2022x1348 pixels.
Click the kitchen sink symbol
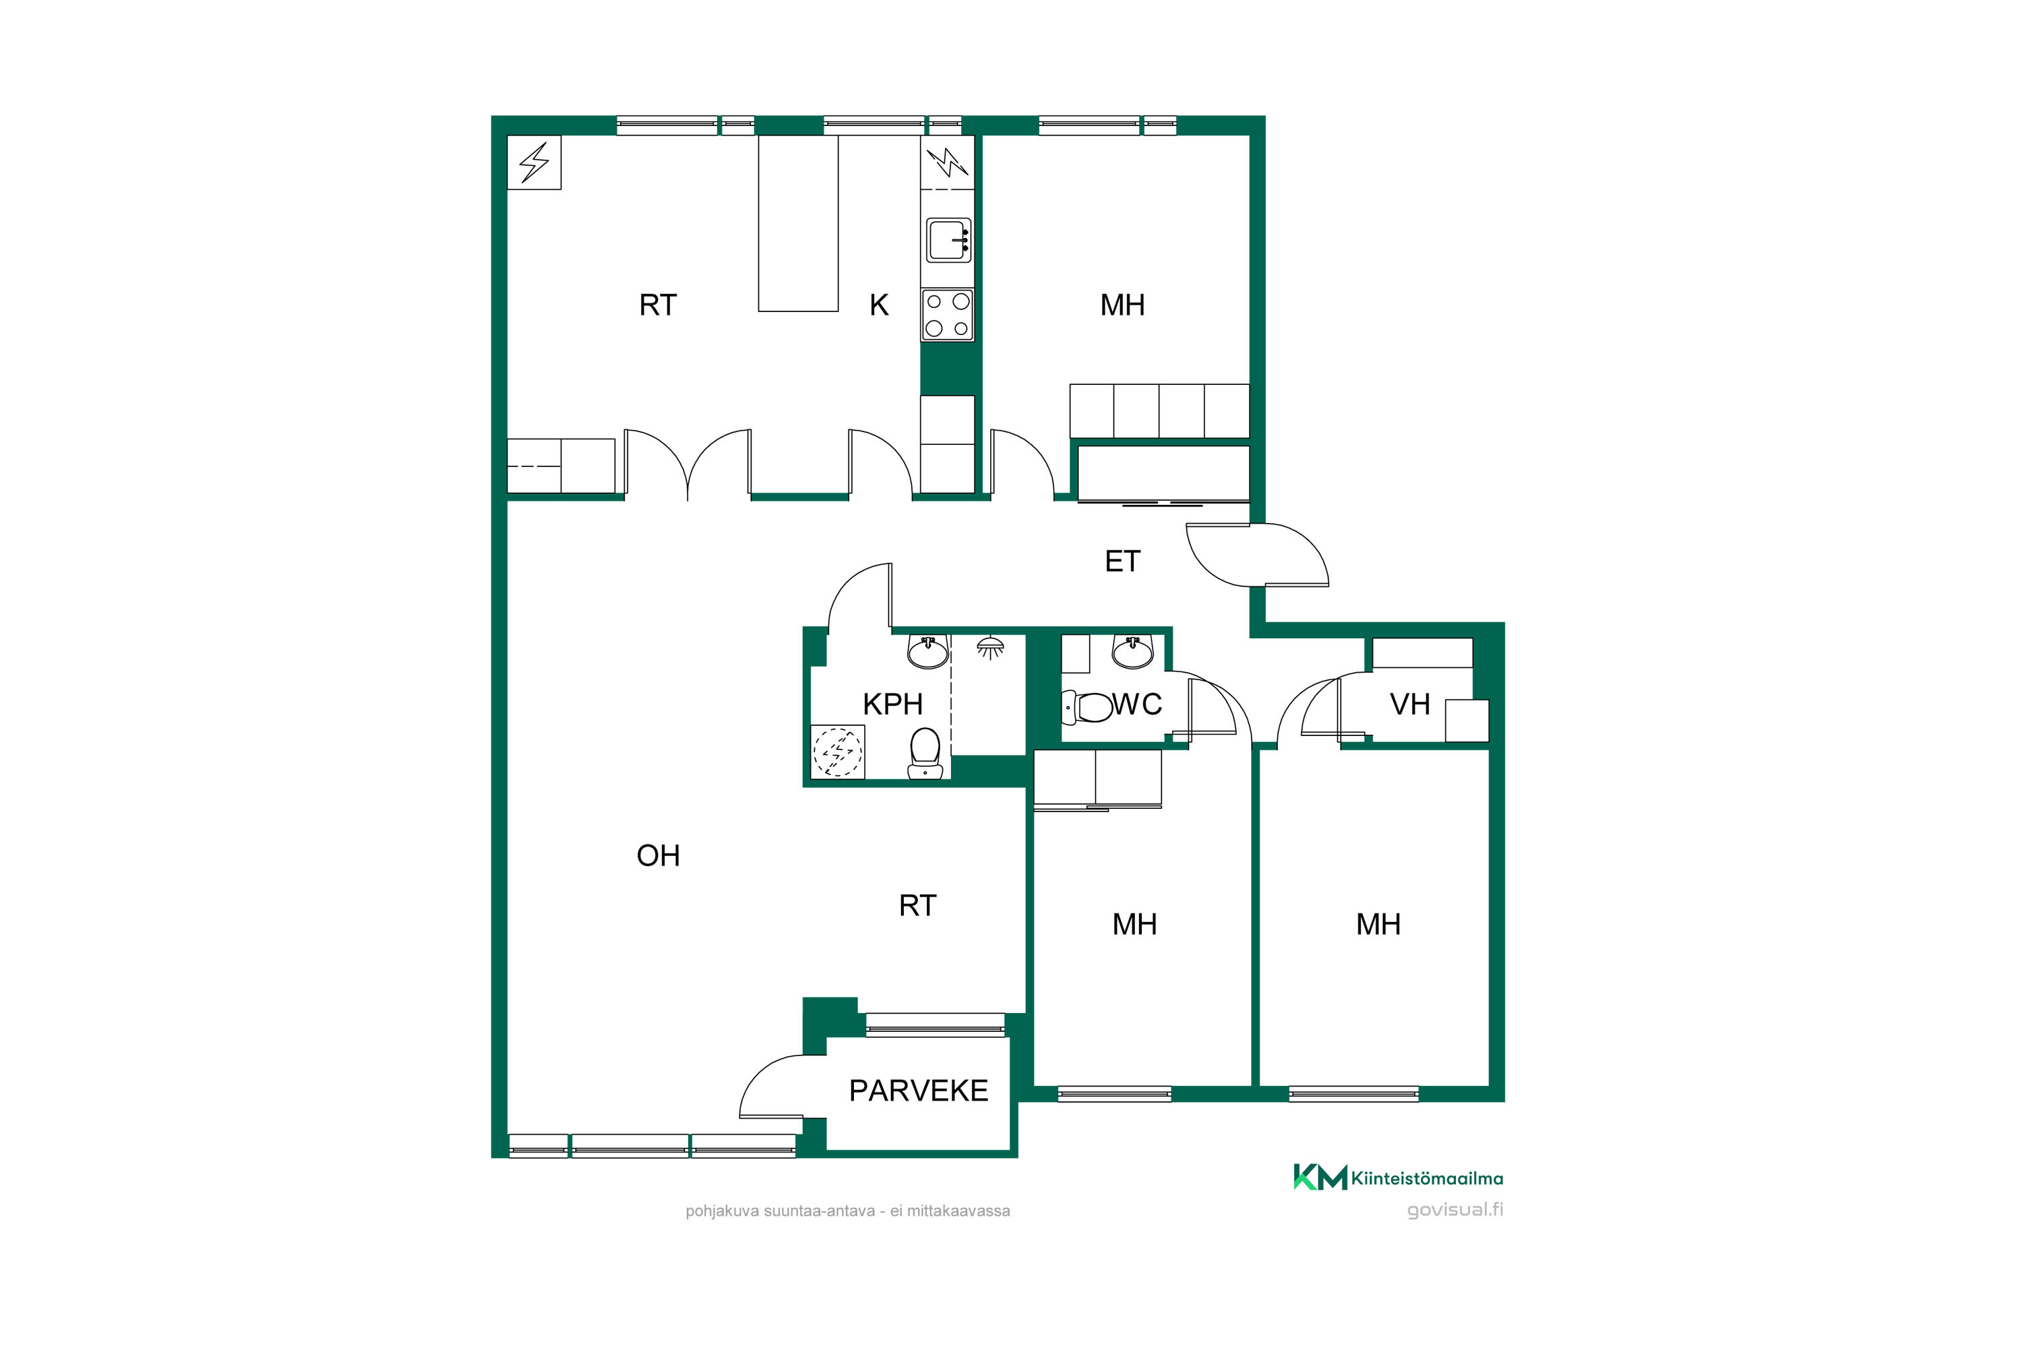click(x=948, y=240)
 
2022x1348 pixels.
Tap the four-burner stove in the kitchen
click(x=948, y=315)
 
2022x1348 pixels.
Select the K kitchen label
click(x=879, y=305)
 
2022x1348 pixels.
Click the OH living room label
click(x=658, y=855)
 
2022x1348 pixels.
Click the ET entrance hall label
click(x=1122, y=561)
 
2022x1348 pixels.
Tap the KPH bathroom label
click(x=892, y=704)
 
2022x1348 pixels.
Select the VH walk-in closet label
click(x=1410, y=704)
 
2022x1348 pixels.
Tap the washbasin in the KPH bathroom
click(x=929, y=652)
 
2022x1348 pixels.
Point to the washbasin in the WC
click(x=1133, y=652)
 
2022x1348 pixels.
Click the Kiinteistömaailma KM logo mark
click(x=1320, y=1177)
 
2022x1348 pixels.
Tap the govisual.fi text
click(x=1454, y=1210)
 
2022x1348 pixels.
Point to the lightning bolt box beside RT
click(x=534, y=162)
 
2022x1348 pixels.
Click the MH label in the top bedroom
click(x=1122, y=305)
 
